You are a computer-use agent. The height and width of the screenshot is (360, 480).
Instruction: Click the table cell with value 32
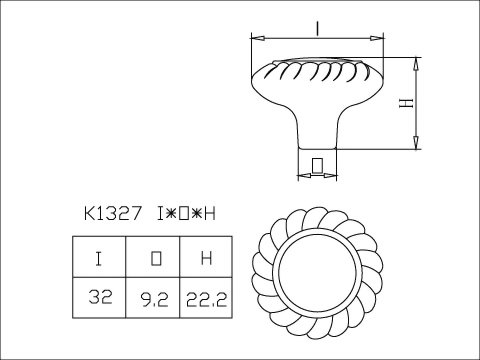click(100, 298)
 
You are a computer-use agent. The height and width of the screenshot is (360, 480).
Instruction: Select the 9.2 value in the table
click(154, 298)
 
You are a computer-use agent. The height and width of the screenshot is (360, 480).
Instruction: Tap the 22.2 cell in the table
click(205, 298)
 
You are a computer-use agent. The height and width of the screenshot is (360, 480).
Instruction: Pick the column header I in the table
click(100, 258)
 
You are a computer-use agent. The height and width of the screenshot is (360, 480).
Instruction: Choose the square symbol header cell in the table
click(154, 258)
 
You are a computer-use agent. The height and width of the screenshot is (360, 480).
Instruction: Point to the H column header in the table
click(205, 258)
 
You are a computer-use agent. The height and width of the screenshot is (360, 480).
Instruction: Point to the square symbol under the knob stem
click(317, 164)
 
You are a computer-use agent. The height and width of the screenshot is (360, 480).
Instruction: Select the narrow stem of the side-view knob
click(317, 140)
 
